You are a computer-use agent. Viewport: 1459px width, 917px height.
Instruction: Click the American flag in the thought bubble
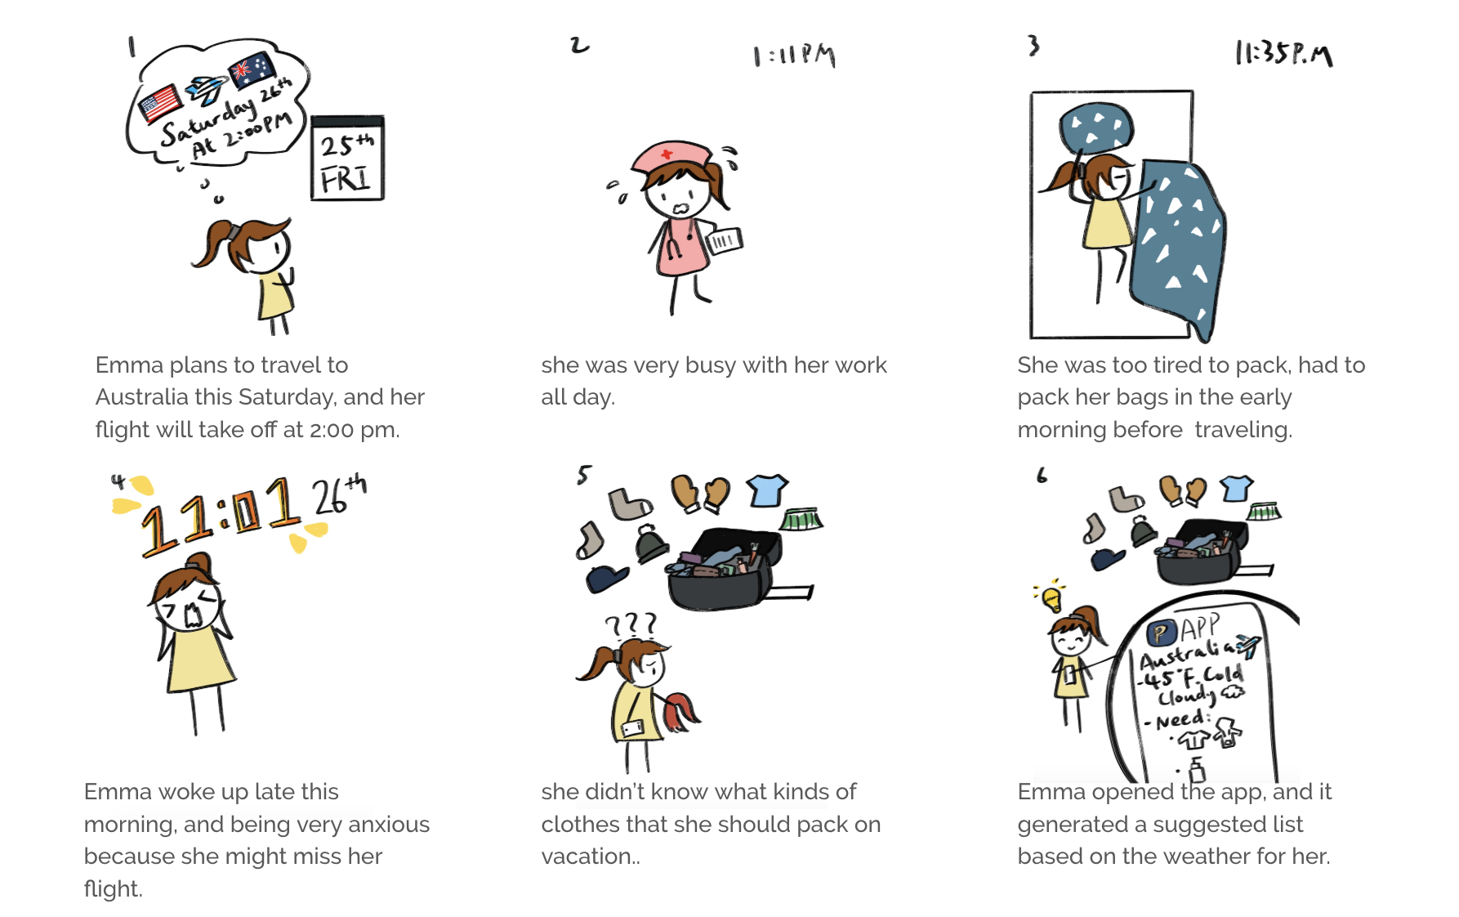pos(160,103)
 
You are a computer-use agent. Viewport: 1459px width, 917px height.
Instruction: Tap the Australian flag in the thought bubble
pos(252,69)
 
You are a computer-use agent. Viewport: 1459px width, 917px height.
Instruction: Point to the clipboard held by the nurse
pos(725,240)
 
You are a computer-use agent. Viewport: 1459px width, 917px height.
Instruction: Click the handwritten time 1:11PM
pos(794,56)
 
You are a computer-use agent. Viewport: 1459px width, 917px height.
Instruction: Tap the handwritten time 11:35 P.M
pos(1283,53)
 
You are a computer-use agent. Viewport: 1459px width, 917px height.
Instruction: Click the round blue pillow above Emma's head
pos(1096,127)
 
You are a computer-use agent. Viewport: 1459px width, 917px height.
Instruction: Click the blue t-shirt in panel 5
pos(767,490)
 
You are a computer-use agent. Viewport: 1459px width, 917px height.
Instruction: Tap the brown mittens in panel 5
pos(700,493)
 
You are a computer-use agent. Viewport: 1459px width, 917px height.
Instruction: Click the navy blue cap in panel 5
pos(607,578)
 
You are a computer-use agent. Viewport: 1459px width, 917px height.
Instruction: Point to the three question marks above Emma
pos(631,625)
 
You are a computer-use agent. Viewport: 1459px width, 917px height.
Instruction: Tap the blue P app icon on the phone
pos(1161,633)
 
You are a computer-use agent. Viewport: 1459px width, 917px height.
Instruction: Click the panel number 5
pos(584,475)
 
